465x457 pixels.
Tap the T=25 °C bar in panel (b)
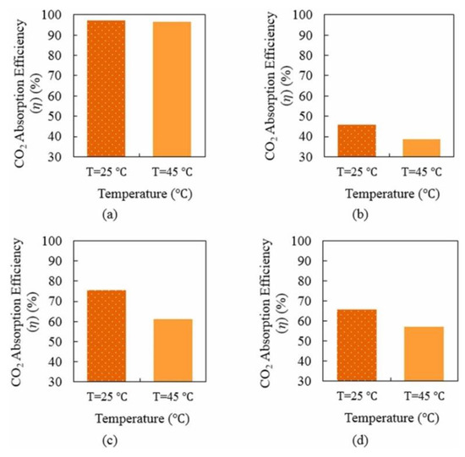click(356, 140)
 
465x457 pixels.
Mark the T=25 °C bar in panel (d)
click(356, 345)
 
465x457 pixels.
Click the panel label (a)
click(109, 215)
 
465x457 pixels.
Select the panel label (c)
click(109, 439)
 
